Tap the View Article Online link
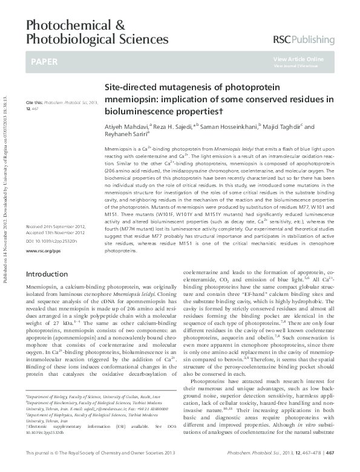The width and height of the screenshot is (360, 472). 298,59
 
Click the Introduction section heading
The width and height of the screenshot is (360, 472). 47,274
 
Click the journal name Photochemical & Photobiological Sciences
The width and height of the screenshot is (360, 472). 97,32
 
